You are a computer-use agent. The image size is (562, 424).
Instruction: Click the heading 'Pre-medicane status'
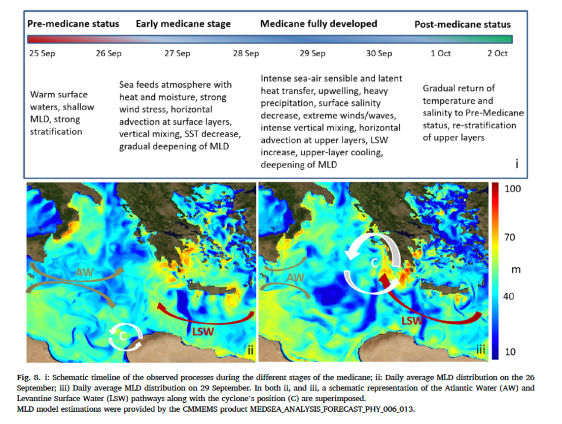(x=73, y=24)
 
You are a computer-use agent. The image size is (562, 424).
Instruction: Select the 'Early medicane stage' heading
(x=183, y=24)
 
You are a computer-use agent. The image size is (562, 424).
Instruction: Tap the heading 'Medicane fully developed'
(x=318, y=24)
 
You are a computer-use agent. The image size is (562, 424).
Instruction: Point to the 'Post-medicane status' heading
(x=462, y=24)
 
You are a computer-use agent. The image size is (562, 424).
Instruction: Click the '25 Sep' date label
(x=42, y=53)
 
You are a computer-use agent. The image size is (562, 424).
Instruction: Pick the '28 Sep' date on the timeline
(x=246, y=53)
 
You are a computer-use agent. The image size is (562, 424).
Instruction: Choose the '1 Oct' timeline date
(x=441, y=53)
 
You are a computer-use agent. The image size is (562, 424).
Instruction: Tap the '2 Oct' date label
(x=497, y=53)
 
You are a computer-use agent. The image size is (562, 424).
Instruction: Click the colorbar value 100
(x=513, y=189)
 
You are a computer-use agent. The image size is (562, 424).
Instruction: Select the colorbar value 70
(x=510, y=237)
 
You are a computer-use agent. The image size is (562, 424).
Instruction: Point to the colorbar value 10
(x=510, y=351)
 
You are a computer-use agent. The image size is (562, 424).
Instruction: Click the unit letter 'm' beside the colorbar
(x=516, y=270)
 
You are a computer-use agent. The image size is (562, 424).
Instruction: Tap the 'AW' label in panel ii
(x=85, y=272)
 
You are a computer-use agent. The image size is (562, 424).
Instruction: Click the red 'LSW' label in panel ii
(x=203, y=332)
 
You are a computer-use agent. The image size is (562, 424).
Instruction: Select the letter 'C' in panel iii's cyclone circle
(x=375, y=263)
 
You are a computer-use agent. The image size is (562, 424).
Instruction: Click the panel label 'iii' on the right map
(x=481, y=349)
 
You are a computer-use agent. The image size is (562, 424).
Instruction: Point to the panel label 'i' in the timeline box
(x=517, y=164)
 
